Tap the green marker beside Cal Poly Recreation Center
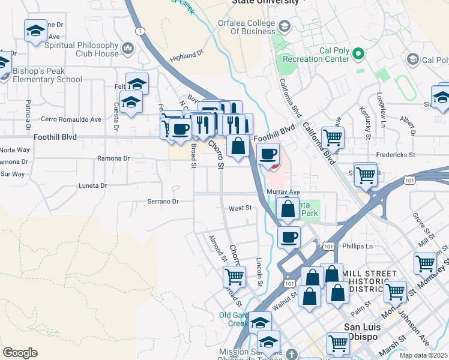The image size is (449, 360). [358, 55]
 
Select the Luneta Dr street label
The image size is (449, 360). [92, 186]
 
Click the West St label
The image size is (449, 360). [239, 208]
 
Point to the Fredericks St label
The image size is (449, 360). [394, 155]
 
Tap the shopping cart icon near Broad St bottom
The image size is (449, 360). [234, 277]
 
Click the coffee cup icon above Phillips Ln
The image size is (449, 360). [289, 236]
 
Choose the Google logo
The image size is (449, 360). [20, 353]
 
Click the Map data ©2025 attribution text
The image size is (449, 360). [423, 355]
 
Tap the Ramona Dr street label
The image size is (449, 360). [113, 158]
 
